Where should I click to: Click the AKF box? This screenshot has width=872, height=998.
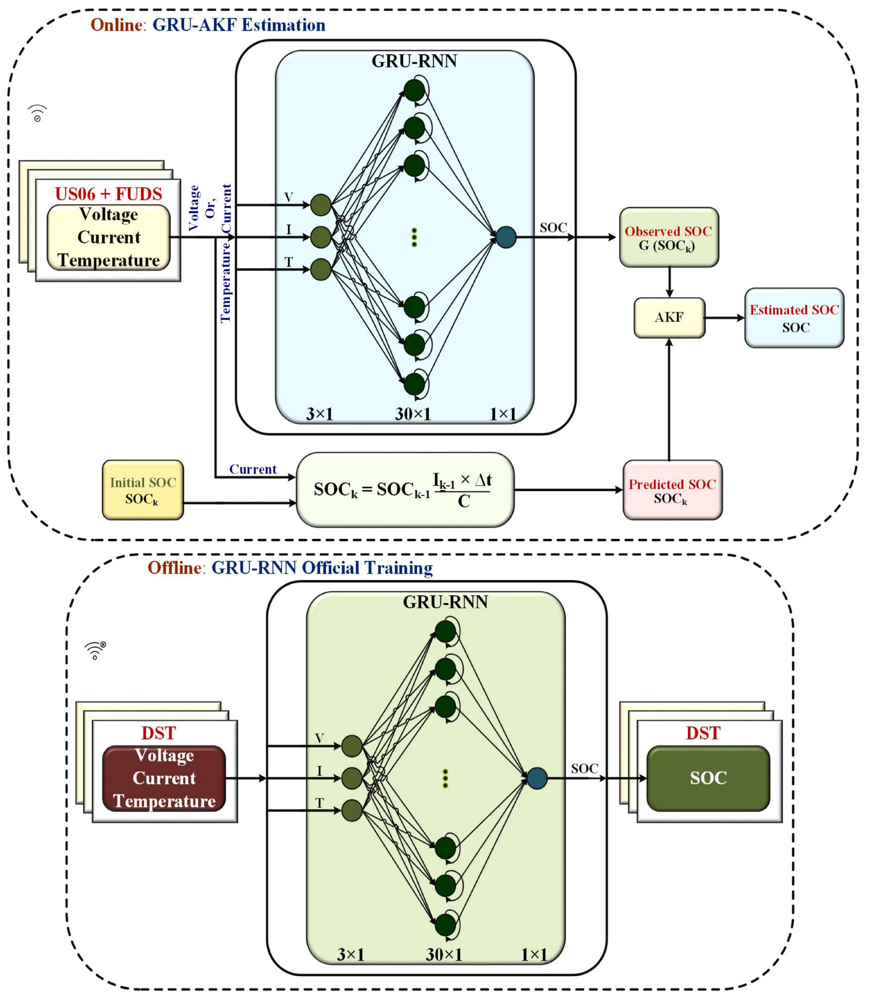(669, 318)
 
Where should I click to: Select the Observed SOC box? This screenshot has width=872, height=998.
(669, 237)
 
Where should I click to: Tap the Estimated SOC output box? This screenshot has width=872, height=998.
(794, 318)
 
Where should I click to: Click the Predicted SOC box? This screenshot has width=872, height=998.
(672, 490)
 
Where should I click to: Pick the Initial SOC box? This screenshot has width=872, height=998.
(143, 490)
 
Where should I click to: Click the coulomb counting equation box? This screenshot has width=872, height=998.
(405, 490)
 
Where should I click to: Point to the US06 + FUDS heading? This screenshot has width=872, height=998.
(108, 194)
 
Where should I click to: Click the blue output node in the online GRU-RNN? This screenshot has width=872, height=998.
(506, 237)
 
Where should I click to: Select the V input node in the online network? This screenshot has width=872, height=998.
(321, 205)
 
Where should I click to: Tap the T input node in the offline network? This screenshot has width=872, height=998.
(352, 810)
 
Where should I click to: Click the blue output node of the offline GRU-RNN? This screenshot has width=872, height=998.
(537, 778)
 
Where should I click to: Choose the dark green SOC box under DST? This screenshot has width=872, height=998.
(708, 778)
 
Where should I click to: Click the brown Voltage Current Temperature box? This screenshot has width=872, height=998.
(164, 778)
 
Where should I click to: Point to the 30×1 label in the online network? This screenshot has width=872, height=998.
(413, 414)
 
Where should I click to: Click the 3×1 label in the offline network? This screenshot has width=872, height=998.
(351, 954)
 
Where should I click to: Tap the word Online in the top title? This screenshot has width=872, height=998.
(116, 25)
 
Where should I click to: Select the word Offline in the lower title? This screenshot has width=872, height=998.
(174, 568)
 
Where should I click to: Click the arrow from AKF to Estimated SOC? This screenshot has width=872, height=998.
(725, 318)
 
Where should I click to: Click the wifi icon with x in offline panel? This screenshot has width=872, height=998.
(95, 650)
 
